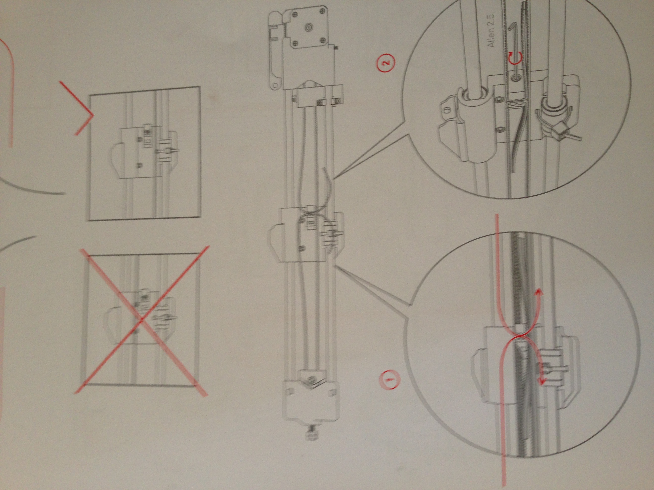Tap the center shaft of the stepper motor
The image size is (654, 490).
(308, 27)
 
